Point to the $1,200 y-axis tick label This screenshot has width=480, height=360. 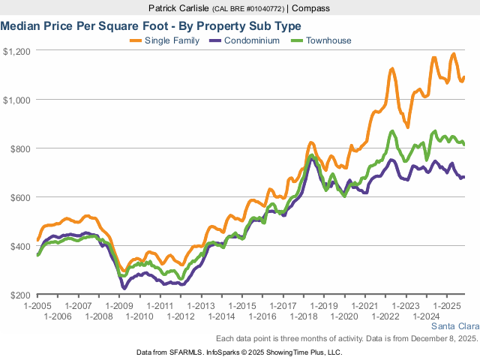pyautogui.click(x=16, y=51)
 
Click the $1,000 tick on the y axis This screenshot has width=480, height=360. pyautogui.click(x=16, y=100)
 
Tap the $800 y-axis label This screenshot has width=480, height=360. pyautogui.click(x=19, y=148)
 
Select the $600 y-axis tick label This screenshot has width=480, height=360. pyautogui.click(x=19, y=197)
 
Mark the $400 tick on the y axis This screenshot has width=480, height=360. pyautogui.click(x=19, y=246)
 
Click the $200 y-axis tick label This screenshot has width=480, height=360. pyautogui.click(x=19, y=295)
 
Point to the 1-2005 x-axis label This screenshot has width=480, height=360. pyautogui.click(x=37, y=307)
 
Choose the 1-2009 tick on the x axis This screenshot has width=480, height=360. pyautogui.click(x=119, y=307)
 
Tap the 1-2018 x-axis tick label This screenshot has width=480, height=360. pyautogui.click(x=304, y=317)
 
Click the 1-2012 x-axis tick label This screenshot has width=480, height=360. pyautogui.click(x=181, y=317)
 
